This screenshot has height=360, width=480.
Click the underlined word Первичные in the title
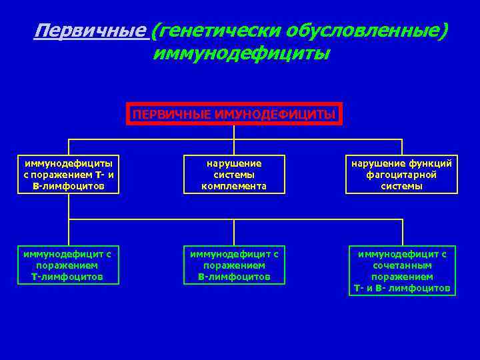pos(90,31)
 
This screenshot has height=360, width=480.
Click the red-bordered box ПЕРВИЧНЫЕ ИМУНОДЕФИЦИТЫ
pos(234,114)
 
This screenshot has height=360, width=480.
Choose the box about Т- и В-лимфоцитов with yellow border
pos(69,175)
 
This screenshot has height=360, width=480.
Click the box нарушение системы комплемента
pos(234,175)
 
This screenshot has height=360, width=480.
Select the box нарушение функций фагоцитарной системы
pos(401,175)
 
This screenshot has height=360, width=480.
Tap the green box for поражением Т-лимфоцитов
pos(67,265)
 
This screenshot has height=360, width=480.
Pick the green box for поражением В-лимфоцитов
pos(234,265)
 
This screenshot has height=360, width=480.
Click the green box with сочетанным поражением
pos(402,271)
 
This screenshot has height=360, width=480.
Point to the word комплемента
pos(234,187)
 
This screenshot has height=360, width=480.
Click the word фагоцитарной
pos(401,175)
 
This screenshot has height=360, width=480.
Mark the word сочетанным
pos(402,265)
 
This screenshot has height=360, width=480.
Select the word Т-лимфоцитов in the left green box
pos(67,277)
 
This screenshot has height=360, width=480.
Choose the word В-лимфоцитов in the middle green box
pos(234,277)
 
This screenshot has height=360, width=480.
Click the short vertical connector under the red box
pos(234,133)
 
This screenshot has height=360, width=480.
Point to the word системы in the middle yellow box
pos(234,175)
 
